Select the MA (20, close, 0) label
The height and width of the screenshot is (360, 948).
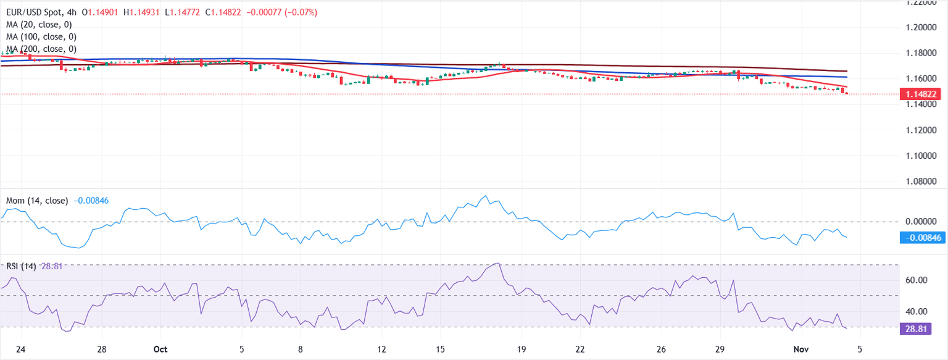[x=38, y=25]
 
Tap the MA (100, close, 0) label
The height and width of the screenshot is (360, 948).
[x=40, y=36]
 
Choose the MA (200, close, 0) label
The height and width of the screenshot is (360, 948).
[x=40, y=49]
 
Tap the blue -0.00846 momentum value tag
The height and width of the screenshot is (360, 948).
[x=921, y=238]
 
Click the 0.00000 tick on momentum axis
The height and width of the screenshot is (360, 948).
[x=920, y=221]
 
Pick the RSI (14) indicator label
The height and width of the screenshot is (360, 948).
[x=21, y=266]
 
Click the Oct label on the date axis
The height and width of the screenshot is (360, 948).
[x=160, y=349]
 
